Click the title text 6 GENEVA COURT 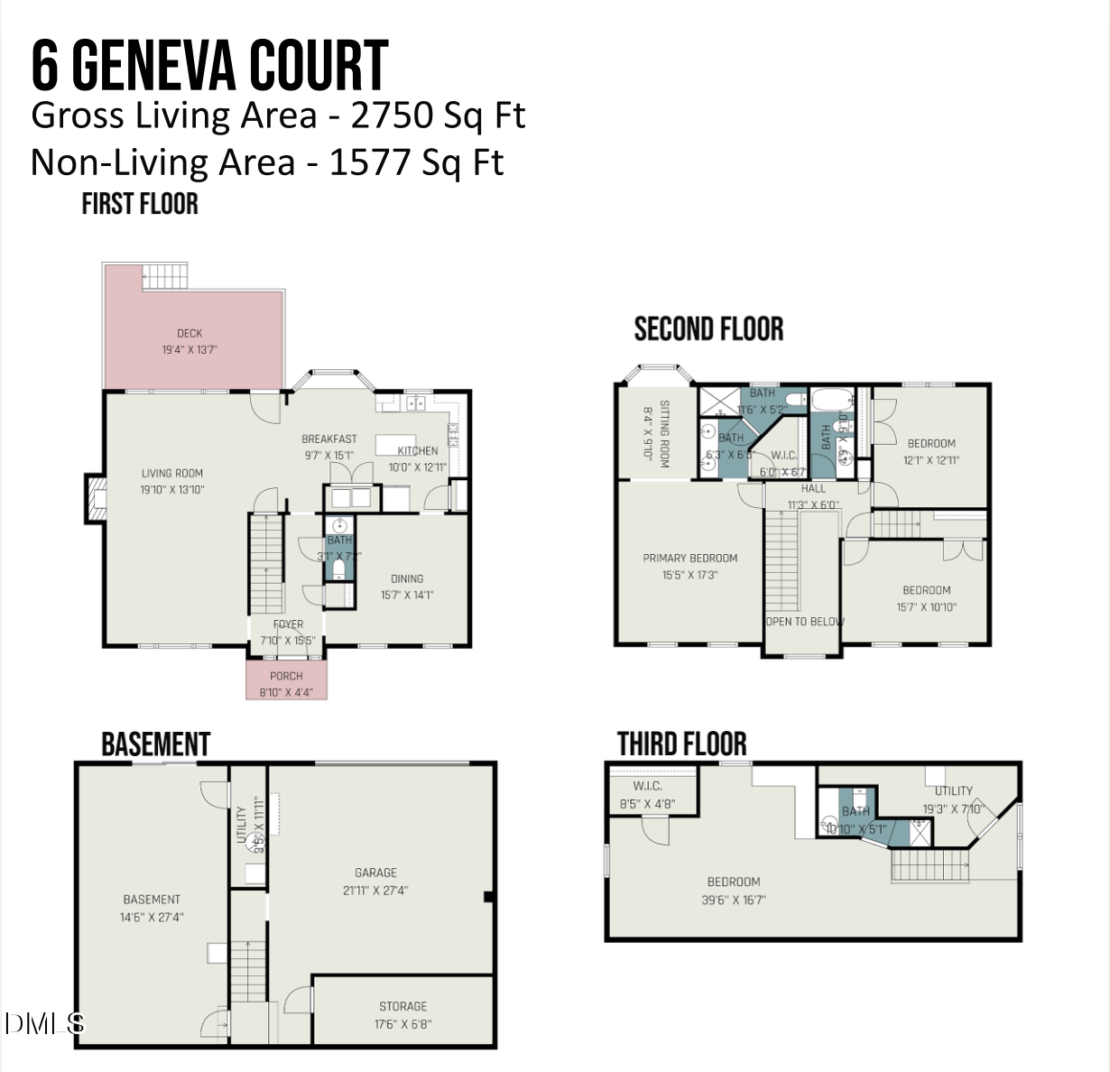[209, 65]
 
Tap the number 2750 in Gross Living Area [390, 116]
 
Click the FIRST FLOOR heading [140, 204]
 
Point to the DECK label [190, 333]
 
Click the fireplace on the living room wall [95, 497]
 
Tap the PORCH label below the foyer [286, 676]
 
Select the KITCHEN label [418, 450]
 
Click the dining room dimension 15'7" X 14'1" [407, 595]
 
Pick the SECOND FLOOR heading [708, 329]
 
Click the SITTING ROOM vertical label [664, 433]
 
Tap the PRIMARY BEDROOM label [690, 558]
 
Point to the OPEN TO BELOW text [805, 621]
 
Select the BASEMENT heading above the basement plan [155, 744]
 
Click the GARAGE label [375, 873]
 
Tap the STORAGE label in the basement [402, 1006]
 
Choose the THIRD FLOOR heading [682, 744]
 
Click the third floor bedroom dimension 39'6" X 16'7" [733, 899]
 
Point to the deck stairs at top [165, 275]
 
